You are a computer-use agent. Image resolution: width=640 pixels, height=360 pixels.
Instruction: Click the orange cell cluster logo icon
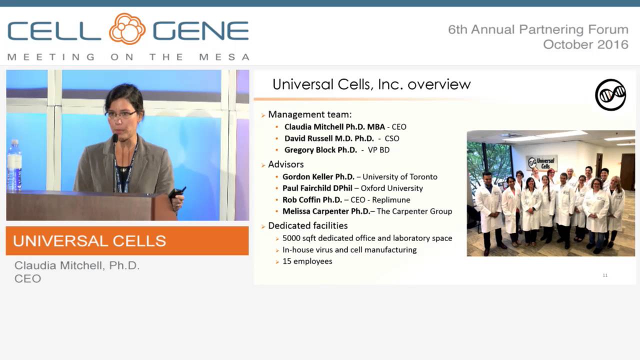(127, 29)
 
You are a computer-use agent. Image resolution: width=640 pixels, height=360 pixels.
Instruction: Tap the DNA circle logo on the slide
(610, 94)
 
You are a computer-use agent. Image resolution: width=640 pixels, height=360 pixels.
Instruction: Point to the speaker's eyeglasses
(120, 114)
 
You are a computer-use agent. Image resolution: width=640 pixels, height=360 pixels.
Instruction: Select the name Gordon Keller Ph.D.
(318, 176)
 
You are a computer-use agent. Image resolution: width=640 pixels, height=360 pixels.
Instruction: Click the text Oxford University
(391, 188)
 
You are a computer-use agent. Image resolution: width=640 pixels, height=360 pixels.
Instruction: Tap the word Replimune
(391, 199)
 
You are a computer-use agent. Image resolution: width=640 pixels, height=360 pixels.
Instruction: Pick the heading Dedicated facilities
(307, 225)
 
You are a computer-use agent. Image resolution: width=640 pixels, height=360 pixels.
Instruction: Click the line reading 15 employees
(307, 261)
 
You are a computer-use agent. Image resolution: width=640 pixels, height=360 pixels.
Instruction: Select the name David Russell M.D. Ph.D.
(329, 138)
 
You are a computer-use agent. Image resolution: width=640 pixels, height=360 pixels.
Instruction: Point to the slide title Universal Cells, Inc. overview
(371, 84)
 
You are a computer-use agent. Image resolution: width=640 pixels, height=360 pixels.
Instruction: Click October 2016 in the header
(585, 44)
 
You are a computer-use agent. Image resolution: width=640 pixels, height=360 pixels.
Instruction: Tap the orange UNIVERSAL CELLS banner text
(89, 241)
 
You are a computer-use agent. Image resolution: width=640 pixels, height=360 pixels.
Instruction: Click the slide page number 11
(605, 275)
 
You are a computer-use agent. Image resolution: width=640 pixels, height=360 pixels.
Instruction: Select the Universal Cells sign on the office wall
(542, 163)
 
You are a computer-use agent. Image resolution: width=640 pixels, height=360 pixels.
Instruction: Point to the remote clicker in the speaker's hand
(177, 192)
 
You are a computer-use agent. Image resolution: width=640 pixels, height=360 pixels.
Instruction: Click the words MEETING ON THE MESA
(128, 57)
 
